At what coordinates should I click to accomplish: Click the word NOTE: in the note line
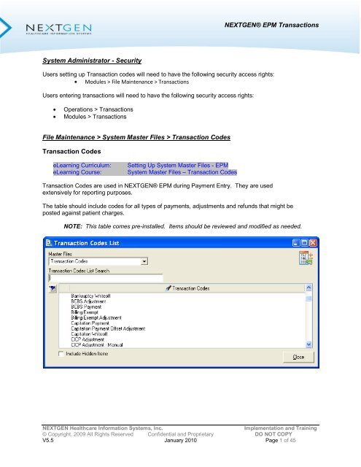click(77, 226)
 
